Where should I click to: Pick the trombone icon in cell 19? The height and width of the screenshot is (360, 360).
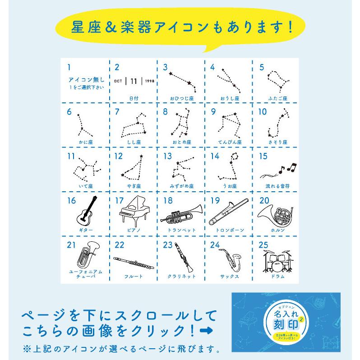tap(229, 211)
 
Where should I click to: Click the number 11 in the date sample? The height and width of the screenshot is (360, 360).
tap(134, 81)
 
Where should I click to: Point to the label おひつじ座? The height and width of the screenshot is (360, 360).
tap(181, 97)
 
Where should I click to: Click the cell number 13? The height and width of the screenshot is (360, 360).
tap(167, 156)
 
